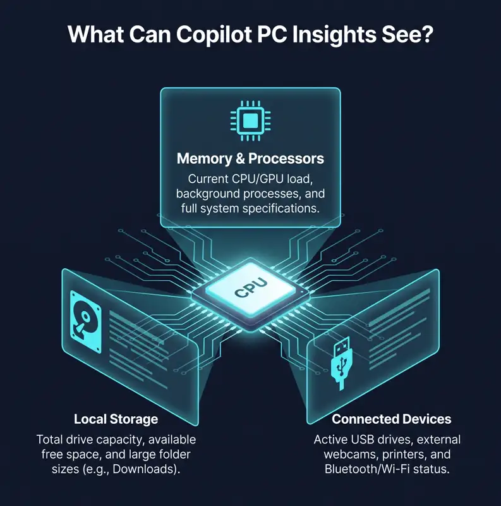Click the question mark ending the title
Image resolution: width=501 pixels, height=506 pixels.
(426, 34)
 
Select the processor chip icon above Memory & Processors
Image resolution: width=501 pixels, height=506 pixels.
(250, 121)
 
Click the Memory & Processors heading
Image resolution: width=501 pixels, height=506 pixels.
(250, 159)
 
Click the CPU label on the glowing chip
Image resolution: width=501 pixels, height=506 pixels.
(251, 288)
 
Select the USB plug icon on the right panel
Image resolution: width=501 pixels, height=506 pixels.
(342, 362)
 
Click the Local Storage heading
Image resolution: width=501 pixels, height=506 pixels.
(116, 419)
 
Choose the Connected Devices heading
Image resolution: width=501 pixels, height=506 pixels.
(391, 419)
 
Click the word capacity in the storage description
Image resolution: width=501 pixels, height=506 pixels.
(121, 440)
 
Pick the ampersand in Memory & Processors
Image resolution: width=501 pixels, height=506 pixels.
(240, 159)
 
